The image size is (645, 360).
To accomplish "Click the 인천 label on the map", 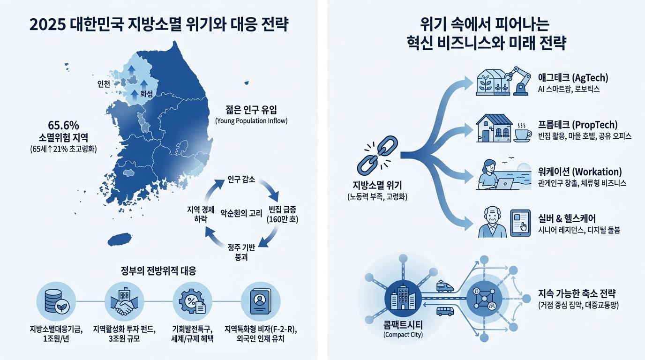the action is [104, 84].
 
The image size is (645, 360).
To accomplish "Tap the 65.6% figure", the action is [63, 125].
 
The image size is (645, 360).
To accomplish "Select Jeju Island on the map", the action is [120, 240].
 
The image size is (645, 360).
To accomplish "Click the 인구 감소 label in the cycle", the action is [241, 180].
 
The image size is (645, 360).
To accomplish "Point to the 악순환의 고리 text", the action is [241, 213].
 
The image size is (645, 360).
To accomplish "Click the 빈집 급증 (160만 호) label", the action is [283, 214].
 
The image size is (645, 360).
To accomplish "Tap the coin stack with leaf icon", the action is [56, 301].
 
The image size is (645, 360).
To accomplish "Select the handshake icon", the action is [124, 301].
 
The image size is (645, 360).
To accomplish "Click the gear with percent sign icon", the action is [192, 302].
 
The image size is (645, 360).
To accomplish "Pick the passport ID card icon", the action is [260, 301].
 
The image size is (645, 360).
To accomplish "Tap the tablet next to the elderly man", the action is [520, 223].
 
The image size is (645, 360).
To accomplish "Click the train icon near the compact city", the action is [445, 286].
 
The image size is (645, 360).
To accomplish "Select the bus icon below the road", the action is [445, 311].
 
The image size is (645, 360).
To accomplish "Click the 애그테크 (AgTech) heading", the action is [573, 78].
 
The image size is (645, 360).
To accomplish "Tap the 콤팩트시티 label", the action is [403, 325].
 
